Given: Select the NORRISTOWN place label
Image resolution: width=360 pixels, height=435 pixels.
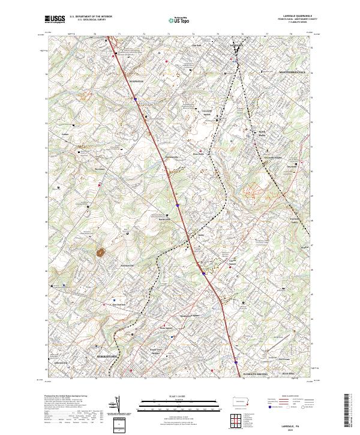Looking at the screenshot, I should pos(107,356).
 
